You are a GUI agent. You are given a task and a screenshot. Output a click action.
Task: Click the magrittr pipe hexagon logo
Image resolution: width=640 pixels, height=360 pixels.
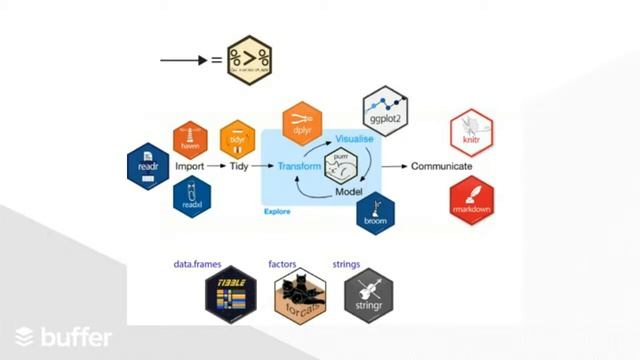tap(251, 59)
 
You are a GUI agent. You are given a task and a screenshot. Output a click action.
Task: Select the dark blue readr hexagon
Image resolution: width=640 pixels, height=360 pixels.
tap(148, 167)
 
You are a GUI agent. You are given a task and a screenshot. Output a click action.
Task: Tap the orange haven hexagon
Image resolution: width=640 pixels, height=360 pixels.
tap(190, 139)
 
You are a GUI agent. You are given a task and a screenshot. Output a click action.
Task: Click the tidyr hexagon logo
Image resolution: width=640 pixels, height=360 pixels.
tap(238, 139)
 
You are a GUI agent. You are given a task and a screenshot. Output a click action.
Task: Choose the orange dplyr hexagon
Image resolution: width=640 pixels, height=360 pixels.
tap(302, 124)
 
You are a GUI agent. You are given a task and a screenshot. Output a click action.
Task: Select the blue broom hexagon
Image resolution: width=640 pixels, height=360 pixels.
tap(376, 213)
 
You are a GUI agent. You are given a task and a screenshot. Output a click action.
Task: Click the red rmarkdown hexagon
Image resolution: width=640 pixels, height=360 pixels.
tap(471, 198)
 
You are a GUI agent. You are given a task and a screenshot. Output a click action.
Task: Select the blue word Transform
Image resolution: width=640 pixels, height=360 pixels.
tap(298, 166)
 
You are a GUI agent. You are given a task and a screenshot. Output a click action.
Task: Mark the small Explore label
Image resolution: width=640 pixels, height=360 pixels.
tap(278, 211)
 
